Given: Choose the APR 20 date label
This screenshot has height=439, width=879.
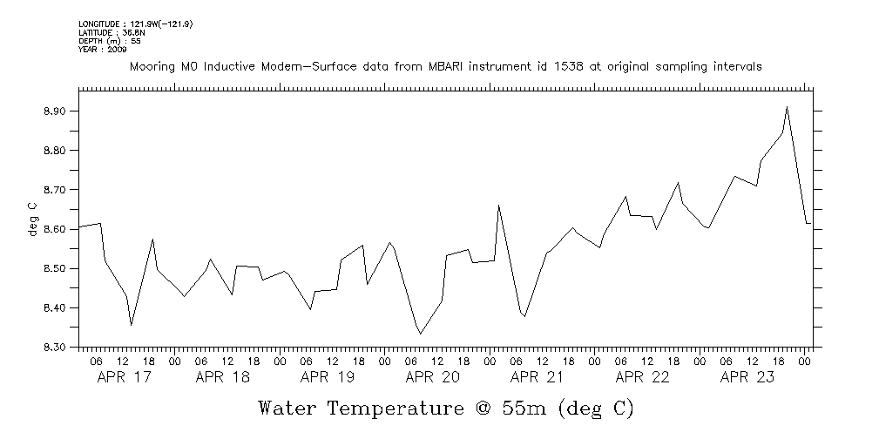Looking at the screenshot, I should pos(433,377).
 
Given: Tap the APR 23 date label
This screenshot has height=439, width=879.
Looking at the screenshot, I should pos(747,377).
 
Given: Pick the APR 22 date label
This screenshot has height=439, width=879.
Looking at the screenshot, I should pos(643,377).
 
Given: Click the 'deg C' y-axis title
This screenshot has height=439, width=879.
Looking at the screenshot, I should pos(32,219).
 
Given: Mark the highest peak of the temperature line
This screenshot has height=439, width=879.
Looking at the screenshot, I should pos(787,107).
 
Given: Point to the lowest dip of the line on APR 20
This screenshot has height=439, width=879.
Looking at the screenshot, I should pos(421,334).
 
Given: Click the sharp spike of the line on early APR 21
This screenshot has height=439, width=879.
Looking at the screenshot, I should pos(498,206).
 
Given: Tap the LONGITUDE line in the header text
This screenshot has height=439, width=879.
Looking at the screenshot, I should pos(135,24).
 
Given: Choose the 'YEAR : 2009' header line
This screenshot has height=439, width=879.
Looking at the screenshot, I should pos(103,50).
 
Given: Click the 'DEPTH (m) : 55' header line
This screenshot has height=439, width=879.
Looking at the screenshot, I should pos(110,41).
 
